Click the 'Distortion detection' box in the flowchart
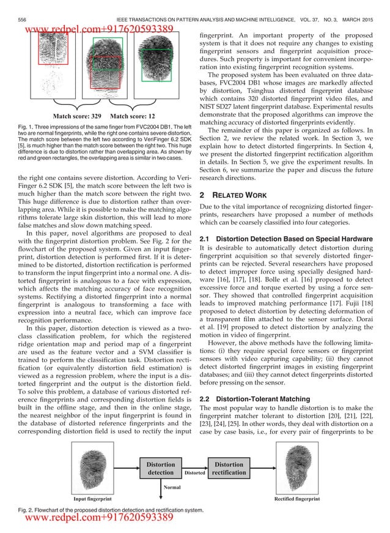pyautogui.click(x=161, y=468)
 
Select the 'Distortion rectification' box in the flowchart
pyautogui.click(x=229, y=468)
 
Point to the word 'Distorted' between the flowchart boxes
pyautogui.click(x=194, y=473)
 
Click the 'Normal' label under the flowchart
pyautogui.click(x=172, y=488)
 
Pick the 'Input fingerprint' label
pyautogui.click(x=92, y=499)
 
